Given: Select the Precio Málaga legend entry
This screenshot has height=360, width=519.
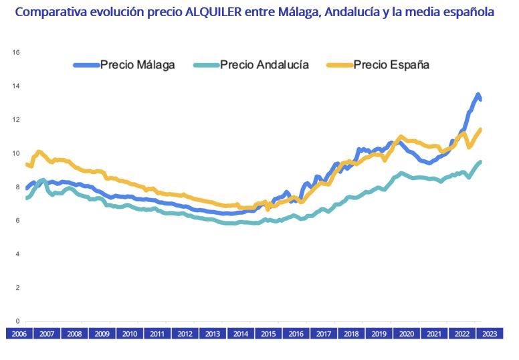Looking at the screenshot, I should (137, 65).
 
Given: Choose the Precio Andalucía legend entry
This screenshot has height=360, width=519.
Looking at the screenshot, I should (264, 65).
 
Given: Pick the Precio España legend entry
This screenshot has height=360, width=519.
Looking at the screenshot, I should (391, 65).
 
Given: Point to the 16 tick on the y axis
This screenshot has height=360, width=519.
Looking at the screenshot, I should (17, 52).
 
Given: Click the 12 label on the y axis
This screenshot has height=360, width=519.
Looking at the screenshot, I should (17, 120).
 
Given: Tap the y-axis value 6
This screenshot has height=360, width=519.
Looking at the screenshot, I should (17, 221).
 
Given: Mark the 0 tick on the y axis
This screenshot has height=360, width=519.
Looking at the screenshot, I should (17, 321).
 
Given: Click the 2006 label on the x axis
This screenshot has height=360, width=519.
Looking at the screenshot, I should (19, 334).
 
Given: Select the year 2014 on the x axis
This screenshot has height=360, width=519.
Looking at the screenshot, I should (239, 334).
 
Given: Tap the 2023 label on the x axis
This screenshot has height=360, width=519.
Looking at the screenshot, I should (489, 334).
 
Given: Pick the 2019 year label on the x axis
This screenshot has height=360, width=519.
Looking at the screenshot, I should (379, 334).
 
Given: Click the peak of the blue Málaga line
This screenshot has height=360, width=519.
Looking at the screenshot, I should (478, 94).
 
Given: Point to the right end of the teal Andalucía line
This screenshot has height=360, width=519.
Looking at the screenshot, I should (480, 161).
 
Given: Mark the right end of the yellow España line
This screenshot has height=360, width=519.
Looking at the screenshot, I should (480, 129).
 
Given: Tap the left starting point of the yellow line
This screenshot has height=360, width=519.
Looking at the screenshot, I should (27, 164).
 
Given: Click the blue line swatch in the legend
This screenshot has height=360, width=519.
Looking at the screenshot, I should (86, 65).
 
